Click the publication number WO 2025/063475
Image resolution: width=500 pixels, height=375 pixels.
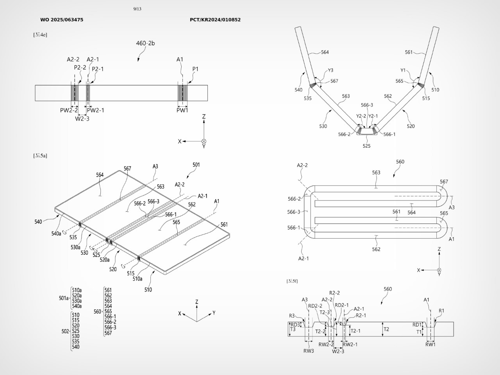62,20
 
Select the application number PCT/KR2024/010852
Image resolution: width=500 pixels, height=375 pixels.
215,20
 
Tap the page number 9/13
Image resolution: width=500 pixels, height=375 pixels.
137,9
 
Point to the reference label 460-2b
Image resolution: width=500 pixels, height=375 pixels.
145,43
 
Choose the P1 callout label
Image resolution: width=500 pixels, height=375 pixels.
195,69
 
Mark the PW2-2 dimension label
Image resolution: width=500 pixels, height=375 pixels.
69,111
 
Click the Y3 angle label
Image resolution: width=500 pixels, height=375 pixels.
330,70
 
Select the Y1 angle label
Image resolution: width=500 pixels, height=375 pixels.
403,70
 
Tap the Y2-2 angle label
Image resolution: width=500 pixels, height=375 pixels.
361,116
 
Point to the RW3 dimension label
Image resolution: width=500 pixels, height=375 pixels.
309,351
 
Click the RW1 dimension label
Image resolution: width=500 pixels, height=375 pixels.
430,344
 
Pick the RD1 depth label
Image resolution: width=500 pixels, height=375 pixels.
417,325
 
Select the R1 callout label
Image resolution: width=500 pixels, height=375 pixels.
441,311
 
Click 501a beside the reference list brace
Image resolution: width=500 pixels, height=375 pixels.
64,298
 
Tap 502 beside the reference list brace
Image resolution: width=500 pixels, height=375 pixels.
65,331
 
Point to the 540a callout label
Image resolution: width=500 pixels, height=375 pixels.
56,233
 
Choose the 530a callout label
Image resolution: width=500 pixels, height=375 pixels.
75,247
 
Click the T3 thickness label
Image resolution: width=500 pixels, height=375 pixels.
293,330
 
